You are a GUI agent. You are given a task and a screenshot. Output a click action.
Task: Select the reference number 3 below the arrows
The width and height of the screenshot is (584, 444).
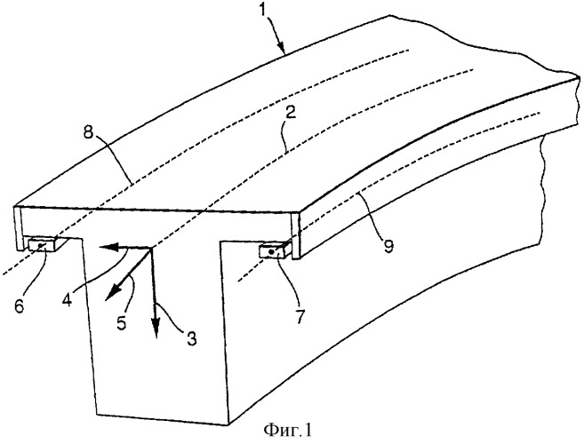(191, 338)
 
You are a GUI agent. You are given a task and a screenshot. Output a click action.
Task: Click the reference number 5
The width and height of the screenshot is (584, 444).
(122, 322)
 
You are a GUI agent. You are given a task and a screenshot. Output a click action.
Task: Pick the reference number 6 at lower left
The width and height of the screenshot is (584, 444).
(20, 306)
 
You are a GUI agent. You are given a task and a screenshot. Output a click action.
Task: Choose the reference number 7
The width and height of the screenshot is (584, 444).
(300, 316)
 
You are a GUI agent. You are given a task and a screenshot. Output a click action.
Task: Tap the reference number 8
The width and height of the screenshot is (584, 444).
(88, 132)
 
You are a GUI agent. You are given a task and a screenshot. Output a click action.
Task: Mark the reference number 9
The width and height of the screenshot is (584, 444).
(388, 246)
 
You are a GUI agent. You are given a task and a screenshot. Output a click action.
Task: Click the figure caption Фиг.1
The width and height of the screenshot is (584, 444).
(287, 431)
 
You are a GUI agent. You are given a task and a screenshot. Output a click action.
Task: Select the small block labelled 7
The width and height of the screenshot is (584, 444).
(275, 250)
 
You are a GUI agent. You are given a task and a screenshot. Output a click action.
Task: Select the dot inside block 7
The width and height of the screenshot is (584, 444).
(271, 252)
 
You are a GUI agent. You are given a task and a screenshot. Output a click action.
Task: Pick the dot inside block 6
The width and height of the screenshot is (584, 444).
(42, 245)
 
